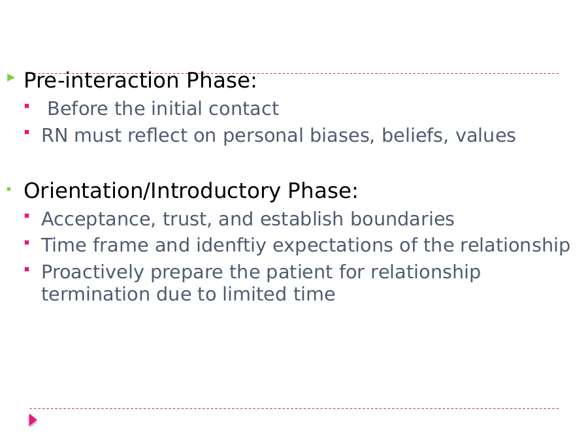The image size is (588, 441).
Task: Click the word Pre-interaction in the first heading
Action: pyautogui.click(x=101, y=80)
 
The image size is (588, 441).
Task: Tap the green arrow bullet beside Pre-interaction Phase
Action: pyautogui.click(x=11, y=78)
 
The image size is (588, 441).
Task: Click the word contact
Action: pyautogui.click(x=244, y=108)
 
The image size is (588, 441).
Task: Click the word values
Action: pyautogui.click(x=485, y=135)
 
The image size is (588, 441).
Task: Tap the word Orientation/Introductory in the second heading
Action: pyautogui.click(x=152, y=191)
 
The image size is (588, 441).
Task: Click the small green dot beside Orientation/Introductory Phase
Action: pyautogui.click(x=9, y=189)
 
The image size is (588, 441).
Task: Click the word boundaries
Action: pyautogui.click(x=402, y=219)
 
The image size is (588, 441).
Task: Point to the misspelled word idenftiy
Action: pyautogui.click(x=231, y=245)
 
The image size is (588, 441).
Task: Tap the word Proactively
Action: pyautogui.click(x=93, y=272)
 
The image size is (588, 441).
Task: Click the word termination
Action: pyautogui.click(x=95, y=294)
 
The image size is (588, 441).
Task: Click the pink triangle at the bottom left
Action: pyautogui.click(x=33, y=420)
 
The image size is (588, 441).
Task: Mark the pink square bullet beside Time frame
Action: pyautogui.click(x=27, y=242)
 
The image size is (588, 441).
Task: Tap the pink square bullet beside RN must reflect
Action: pyautogui.click(x=27, y=132)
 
